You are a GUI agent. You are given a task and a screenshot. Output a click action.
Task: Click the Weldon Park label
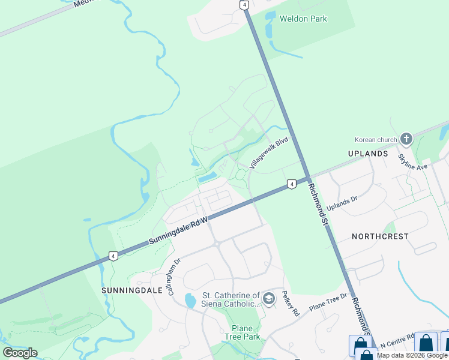303,19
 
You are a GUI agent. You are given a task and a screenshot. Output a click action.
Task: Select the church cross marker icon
406,140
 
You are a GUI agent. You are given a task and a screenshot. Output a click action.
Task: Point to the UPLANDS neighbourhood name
368,154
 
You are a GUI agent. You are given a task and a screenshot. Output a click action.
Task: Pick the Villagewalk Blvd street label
270,152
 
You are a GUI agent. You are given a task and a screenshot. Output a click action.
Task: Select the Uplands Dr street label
342,204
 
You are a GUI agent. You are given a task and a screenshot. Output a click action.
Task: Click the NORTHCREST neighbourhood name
381,236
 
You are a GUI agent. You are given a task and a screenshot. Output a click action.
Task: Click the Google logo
20,353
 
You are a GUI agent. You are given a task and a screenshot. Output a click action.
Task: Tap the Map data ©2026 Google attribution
412,355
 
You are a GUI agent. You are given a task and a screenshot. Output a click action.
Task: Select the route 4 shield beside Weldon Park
244,5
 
